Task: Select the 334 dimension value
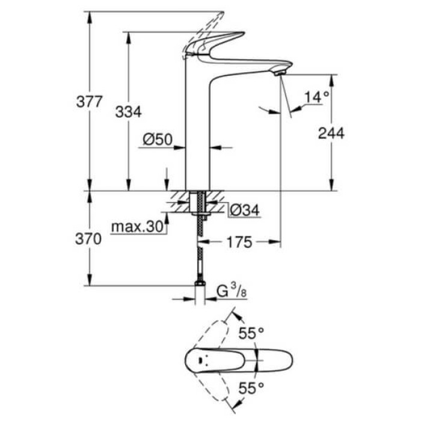point(128,112)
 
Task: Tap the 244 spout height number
point(331,133)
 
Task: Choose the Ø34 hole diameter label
point(244,210)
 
